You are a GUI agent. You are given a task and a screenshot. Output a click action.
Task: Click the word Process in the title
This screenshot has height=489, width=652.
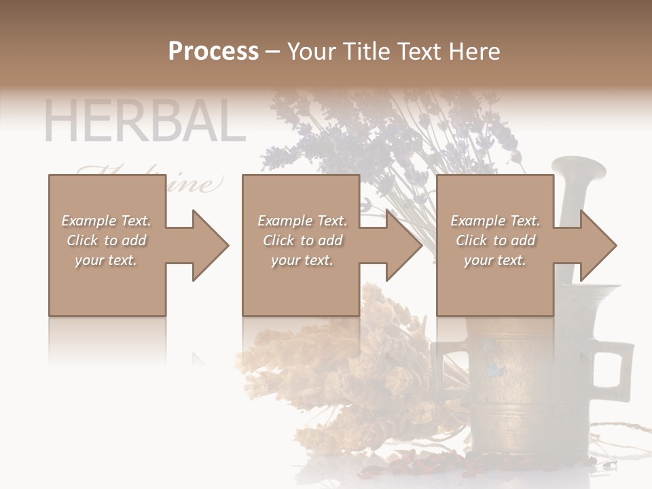pyautogui.click(x=213, y=52)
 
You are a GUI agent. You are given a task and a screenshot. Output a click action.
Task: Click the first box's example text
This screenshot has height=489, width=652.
pyautogui.click(x=106, y=240)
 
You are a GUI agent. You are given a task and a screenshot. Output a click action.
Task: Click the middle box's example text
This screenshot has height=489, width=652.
pyautogui.click(x=302, y=240)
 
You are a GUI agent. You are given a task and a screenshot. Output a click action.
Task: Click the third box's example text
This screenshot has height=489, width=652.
pyautogui.click(x=494, y=240)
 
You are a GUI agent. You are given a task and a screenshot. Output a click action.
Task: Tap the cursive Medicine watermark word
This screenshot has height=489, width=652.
pyautogui.click(x=197, y=183)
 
